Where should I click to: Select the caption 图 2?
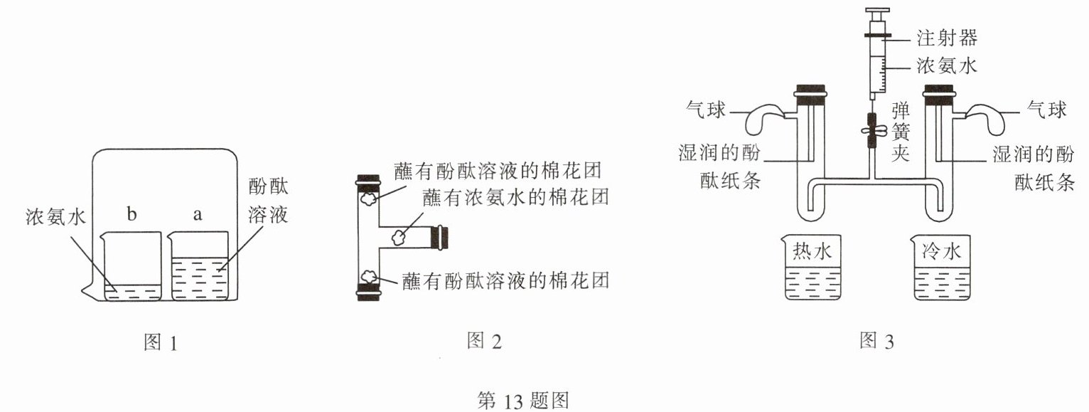[x=484, y=342]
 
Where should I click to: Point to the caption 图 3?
[x=876, y=342]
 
